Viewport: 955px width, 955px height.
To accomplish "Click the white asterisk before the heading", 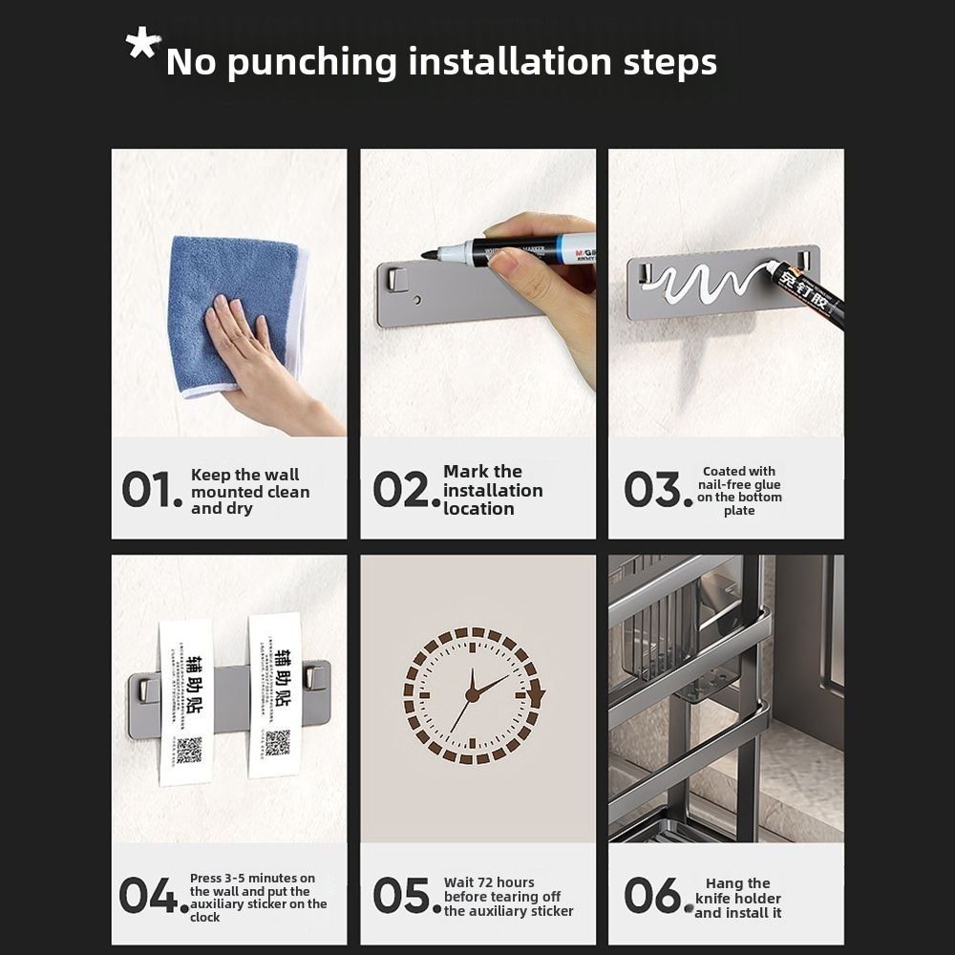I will coord(143,45).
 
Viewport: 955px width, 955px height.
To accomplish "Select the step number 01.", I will coord(151,490).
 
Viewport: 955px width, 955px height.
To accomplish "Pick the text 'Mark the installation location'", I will coord(492,490).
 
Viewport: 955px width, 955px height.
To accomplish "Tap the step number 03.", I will coord(657,490).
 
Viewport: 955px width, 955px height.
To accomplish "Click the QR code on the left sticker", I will coord(189,750).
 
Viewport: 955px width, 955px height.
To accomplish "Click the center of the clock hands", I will coord(472,694).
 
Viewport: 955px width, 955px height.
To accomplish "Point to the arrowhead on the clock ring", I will coord(536,693).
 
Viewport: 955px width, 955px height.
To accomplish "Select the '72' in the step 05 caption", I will coord(487,882).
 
